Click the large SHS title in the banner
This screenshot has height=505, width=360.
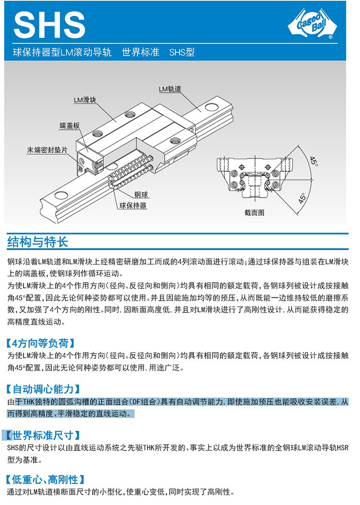[x=49, y=25]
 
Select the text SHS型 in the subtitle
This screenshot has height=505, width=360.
[x=182, y=52]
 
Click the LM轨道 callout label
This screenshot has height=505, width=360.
[x=170, y=89]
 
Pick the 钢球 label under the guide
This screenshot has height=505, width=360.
[x=141, y=195]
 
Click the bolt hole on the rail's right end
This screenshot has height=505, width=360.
[x=210, y=107]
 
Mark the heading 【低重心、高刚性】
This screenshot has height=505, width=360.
[x=46, y=479]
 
